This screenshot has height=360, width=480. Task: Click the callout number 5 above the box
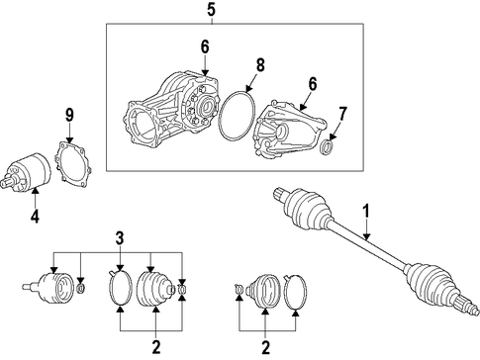[211, 9]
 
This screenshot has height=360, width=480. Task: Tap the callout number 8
[260, 65]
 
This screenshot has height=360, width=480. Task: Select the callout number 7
[342, 114]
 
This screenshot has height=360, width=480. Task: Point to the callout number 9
[69, 115]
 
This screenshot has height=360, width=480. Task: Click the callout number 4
[35, 217]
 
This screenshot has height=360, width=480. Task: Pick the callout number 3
[120, 238]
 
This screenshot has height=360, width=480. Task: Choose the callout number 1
[366, 211]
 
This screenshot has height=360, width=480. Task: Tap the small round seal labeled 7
[328, 146]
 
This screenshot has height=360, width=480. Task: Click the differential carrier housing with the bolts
[171, 109]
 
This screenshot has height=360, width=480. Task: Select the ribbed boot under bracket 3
[155, 289]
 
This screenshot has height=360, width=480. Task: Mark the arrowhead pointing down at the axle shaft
[366, 236]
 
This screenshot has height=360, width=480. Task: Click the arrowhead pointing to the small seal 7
[333, 136]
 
